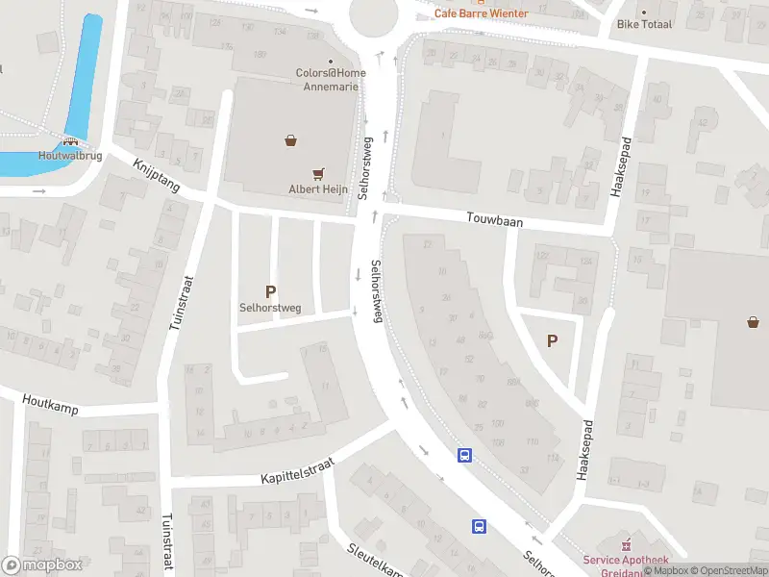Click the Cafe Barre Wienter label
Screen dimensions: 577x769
point(481,13)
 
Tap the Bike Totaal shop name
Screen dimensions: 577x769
point(644,24)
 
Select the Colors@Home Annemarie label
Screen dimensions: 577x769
point(332,78)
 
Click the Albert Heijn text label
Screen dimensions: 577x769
point(316,189)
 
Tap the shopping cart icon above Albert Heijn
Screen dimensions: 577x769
point(318,174)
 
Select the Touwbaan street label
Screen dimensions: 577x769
point(495,221)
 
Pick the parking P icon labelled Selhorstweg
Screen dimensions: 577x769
point(270,291)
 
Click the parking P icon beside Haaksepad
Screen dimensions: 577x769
point(552,340)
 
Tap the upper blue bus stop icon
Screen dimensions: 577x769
point(464,456)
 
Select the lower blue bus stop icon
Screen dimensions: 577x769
point(479,526)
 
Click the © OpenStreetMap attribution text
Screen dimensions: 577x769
point(727,570)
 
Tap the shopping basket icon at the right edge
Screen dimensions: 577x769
point(753,322)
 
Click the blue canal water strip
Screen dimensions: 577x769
point(89,58)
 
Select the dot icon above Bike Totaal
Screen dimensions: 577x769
point(644,12)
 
